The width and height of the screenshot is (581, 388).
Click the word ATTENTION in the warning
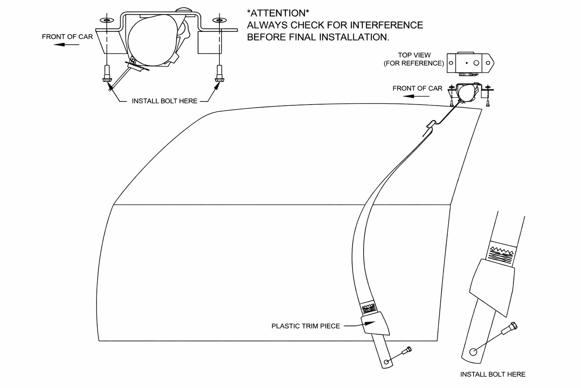click(x=278, y=13)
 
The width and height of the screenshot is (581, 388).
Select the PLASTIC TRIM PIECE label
click(x=306, y=326)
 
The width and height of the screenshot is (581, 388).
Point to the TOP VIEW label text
click(x=414, y=55)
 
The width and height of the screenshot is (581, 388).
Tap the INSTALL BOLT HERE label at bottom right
click(x=492, y=374)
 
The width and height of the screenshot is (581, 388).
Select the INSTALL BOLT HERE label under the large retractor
click(x=165, y=101)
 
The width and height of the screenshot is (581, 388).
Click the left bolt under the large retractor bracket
click(x=107, y=74)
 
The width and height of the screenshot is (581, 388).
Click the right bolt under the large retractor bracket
click(x=218, y=74)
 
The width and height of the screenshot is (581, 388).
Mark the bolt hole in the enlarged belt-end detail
click(x=473, y=352)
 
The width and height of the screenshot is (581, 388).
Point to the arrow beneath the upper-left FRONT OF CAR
click(x=67, y=45)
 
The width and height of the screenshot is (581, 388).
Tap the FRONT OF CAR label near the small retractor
click(x=417, y=88)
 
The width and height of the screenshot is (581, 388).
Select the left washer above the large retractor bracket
click(x=106, y=20)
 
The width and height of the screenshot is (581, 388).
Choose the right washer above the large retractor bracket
click(x=219, y=20)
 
